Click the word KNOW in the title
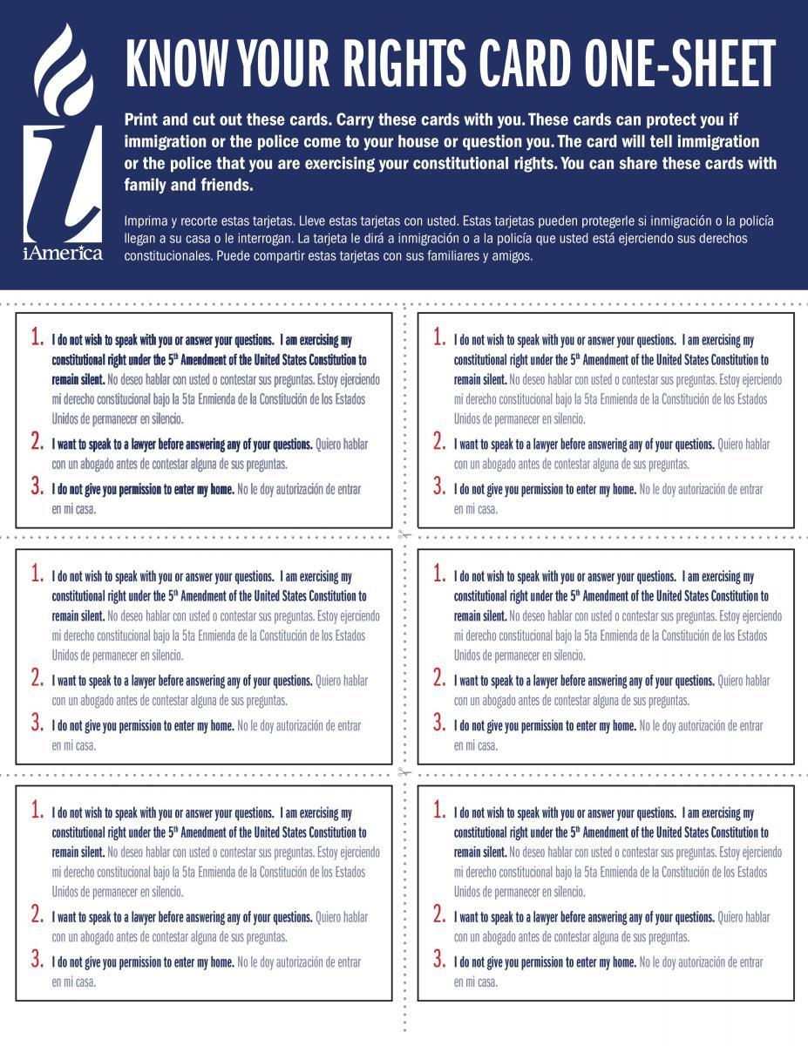point(166,63)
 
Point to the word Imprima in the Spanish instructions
point(149,221)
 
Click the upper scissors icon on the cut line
point(404,535)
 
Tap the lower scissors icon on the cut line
point(404,771)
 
